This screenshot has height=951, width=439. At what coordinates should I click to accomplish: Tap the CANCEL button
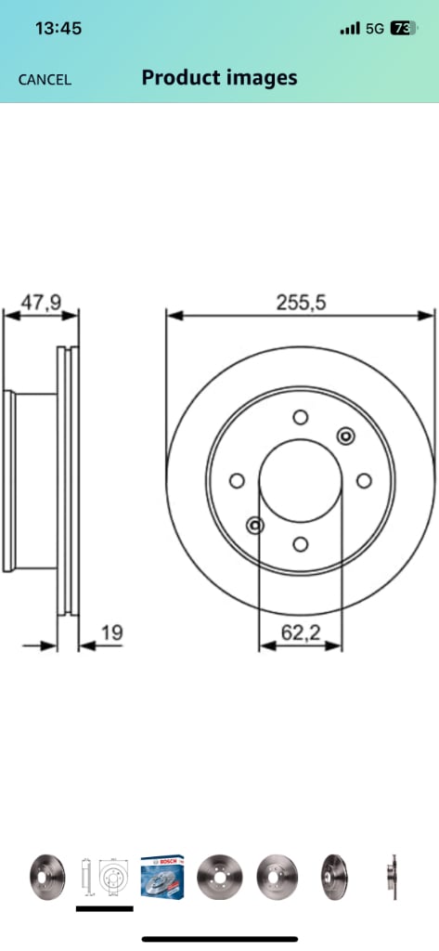click(x=45, y=79)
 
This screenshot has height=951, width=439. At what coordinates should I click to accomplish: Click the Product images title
click(x=219, y=78)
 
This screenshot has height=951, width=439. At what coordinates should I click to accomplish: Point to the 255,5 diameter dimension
click(x=301, y=302)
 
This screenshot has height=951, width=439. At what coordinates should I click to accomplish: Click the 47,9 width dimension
click(x=41, y=302)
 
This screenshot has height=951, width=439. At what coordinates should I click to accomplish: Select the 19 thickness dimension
click(x=110, y=633)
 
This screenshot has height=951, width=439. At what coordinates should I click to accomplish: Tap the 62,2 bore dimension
click(x=300, y=633)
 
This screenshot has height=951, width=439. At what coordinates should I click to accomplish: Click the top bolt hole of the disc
click(x=300, y=418)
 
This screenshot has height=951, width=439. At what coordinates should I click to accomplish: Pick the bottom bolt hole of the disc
click(x=300, y=544)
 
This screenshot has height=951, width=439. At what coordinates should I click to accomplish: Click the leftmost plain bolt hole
click(x=237, y=481)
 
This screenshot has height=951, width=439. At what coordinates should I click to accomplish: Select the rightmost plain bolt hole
click(x=364, y=480)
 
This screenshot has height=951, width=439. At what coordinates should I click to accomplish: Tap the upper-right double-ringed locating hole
click(x=345, y=436)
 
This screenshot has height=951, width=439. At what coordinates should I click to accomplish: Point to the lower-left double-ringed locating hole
click(x=255, y=527)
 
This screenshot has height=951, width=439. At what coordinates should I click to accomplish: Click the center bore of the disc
click(x=300, y=481)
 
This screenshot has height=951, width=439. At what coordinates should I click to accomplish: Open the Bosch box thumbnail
click(x=162, y=875)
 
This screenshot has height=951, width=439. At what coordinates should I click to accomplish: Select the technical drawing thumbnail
click(x=104, y=876)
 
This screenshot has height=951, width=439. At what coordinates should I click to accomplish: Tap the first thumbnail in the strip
click(x=46, y=876)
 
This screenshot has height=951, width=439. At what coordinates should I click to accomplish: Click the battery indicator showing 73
click(x=403, y=29)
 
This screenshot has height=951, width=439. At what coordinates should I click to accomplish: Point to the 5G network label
click(x=374, y=29)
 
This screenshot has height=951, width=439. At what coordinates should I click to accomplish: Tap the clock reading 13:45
click(x=58, y=29)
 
